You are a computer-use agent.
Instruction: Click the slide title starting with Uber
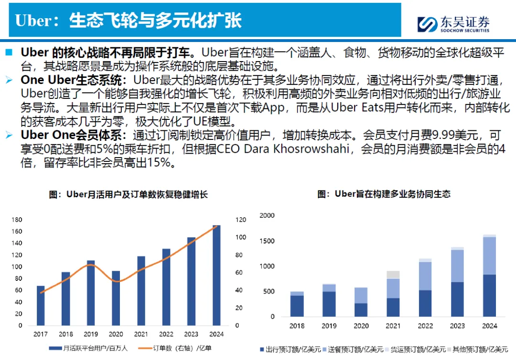128,21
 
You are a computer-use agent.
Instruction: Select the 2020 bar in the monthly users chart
116,298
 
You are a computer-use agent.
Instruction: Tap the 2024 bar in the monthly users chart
216,275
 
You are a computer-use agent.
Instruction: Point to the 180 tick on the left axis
17,220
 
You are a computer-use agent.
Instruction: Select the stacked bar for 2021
393,294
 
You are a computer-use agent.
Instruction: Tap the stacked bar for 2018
297,304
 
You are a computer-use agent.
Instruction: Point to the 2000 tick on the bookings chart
267,215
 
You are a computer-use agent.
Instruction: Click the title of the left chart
129,195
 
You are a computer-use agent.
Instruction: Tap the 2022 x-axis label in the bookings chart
425,326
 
